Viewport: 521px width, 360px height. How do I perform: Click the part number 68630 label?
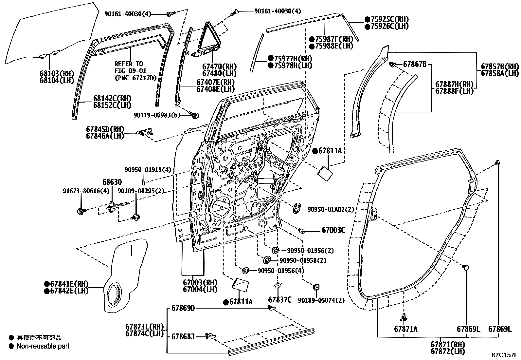pyautogui.click(x=112, y=182)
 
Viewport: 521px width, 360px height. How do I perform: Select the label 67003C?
pyautogui.click(x=333, y=230)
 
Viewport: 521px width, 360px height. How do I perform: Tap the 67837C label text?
pyautogui.click(x=279, y=300)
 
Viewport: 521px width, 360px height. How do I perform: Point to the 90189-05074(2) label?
pyautogui.click(x=321, y=300)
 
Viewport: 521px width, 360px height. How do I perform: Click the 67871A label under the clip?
pyautogui.click(x=406, y=329)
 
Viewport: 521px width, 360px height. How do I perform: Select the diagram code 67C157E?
pyautogui.click(x=505, y=355)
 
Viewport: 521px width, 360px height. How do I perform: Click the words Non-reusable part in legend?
pyautogui.click(x=43, y=346)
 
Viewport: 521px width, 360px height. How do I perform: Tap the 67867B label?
pyautogui.click(x=415, y=64)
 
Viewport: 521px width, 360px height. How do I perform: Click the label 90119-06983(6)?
pyautogui.click(x=157, y=115)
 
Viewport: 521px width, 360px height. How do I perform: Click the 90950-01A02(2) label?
pyautogui.click(x=331, y=209)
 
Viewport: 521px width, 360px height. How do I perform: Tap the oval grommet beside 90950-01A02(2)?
pyautogui.click(x=297, y=208)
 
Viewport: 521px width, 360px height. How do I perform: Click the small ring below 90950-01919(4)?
pyautogui.click(x=143, y=182)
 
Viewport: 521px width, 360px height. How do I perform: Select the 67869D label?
pyautogui.click(x=183, y=308)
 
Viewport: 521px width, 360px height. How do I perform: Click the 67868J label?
pyautogui.click(x=183, y=336)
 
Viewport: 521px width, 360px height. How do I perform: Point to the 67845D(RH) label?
pyautogui.click(x=105, y=129)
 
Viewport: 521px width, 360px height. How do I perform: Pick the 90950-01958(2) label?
pyautogui.click(x=303, y=260)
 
